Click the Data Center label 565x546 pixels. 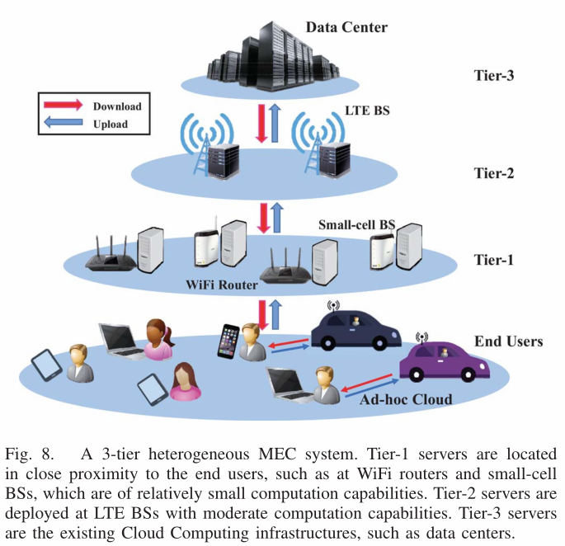coord(346,27)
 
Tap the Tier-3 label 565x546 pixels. coord(495,76)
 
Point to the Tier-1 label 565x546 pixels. coord(495,260)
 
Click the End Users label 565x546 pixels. coord(508,341)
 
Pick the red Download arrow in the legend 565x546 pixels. coord(62,106)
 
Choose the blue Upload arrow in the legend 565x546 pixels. coord(62,125)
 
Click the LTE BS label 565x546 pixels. coord(367,109)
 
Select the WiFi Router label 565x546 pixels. coord(220,285)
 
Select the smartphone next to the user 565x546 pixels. coord(228,341)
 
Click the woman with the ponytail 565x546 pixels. coord(158,340)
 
